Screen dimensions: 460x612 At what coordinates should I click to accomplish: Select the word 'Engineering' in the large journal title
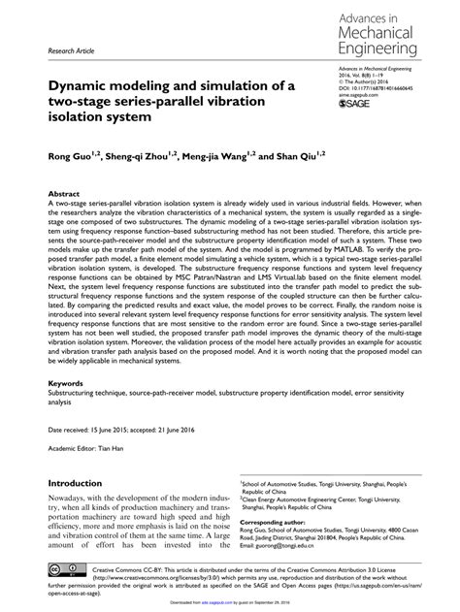[x=379, y=48]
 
